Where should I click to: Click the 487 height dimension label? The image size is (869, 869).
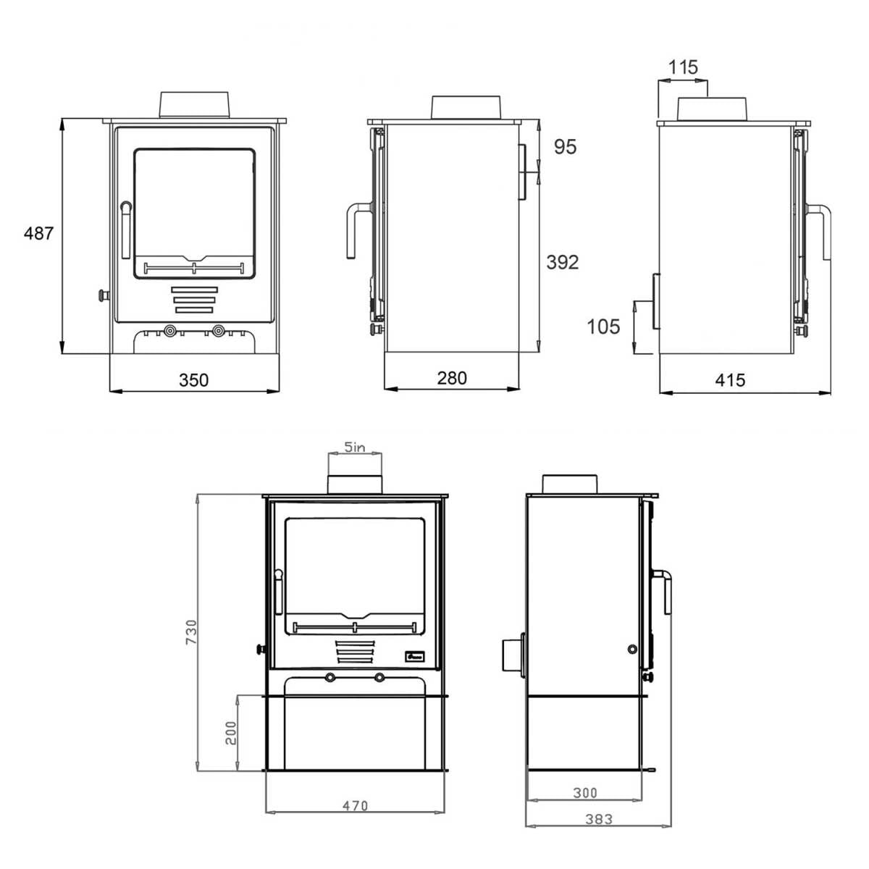(39, 233)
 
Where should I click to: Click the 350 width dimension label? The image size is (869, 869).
(194, 380)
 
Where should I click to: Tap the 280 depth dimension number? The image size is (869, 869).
(452, 378)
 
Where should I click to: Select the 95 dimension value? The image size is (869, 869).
(565, 147)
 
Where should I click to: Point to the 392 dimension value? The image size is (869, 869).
(563, 262)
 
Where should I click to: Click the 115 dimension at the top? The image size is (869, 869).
(683, 67)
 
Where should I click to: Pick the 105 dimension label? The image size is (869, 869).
(603, 327)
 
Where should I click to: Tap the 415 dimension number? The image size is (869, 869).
(731, 380)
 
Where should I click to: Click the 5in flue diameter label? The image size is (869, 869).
(355, 447)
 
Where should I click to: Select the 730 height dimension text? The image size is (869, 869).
(192, 631)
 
